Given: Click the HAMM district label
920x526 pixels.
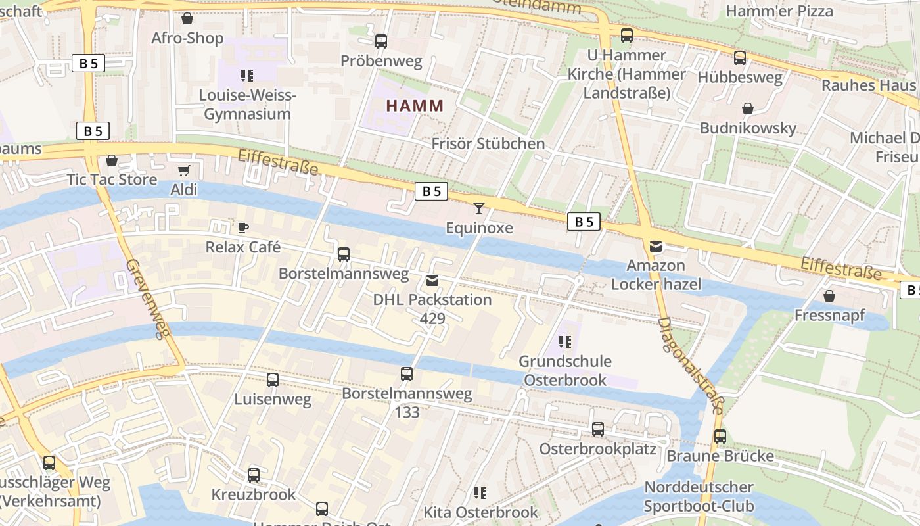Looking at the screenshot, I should (415, 105).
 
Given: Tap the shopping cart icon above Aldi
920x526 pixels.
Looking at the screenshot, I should (183, 171).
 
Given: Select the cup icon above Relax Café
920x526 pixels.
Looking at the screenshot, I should (243, 228).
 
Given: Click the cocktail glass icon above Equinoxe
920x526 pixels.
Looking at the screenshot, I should (479, 208).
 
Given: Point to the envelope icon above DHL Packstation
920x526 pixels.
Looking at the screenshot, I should (432, 281).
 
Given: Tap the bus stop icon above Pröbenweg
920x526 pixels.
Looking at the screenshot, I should (381, 41).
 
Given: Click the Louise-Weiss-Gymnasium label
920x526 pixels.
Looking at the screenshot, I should (247, 105).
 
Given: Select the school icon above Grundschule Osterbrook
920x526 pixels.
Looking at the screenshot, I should (564, 342).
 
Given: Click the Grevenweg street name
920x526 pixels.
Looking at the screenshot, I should (144, 299).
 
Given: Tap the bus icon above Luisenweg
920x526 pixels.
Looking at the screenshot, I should (272, 379).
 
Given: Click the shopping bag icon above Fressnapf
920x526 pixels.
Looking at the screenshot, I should (829, 296).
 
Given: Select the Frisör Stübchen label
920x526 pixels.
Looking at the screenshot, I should (488, 143).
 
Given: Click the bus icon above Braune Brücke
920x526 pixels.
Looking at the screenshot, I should (720, 437).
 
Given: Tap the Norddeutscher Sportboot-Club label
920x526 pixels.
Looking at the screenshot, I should (698, 496).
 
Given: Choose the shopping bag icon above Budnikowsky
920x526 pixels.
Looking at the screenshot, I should (747, 108).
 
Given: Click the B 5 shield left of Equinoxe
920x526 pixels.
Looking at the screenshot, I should (431, 191).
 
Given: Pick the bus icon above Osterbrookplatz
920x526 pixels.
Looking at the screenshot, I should (597, 429).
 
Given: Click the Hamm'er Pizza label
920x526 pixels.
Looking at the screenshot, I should (779, 11).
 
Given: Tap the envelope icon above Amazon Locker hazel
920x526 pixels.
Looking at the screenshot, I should (656, 247).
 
